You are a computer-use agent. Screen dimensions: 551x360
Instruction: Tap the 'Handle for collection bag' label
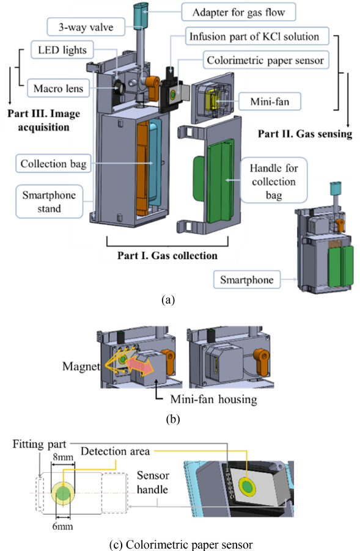273,181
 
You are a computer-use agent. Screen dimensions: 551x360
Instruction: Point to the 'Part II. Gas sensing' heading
305,134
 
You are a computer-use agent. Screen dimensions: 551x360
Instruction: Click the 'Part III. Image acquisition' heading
38,120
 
